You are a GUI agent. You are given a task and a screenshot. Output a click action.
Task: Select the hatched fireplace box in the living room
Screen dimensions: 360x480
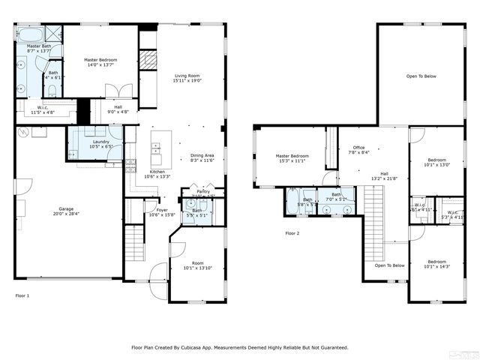pyautogui.click(x=148, y=61)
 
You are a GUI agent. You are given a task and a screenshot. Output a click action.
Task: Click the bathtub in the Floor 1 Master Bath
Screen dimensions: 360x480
pyautogui.click(x=31, y=35)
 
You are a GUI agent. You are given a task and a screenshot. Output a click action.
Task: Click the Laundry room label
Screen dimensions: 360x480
pyautogui.click(x=101, y=143)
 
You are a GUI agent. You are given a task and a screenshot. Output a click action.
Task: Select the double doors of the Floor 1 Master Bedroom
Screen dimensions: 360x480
pyautogui.click(x=119, y=91)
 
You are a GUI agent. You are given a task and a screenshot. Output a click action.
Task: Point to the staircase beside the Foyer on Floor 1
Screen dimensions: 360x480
pyautogui.click(x=133, y=244)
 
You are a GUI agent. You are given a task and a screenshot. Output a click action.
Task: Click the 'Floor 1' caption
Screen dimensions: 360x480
pyautogui.click(x=22, y=296)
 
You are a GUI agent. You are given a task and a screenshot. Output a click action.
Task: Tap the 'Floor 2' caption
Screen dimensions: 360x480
pyautogui.click(x=292, y=233)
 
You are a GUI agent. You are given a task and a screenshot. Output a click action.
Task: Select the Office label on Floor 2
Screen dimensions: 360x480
pyautogui.click(x=359, y=149)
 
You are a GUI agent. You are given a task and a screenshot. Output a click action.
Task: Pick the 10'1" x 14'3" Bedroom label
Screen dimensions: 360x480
pyautogui.click(x=436, y=264)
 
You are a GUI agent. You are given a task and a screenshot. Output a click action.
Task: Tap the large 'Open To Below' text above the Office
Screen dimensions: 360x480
pyautogui.click(x=421, y=76)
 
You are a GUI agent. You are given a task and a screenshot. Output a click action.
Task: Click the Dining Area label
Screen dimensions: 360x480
pyautogui.click(x=202, y=157)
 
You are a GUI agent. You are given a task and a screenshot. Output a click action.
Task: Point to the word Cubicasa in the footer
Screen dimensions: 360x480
pyautogui.click(x=194, y=347)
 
